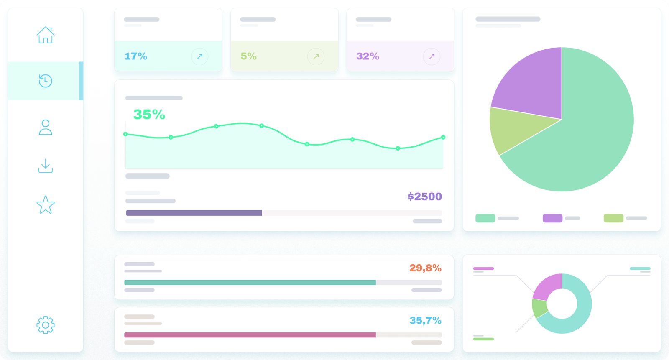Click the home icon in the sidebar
46,35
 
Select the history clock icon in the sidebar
45,81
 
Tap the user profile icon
45,128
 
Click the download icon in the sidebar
45,166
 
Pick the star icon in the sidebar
45,205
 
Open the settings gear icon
45,325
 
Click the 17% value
136,56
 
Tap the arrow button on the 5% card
316,56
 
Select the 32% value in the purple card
368,56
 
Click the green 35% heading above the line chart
149,114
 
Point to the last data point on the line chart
443,137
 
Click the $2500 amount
424,197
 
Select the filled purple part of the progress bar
194,213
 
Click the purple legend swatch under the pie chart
552,218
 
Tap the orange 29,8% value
425,268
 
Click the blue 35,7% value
425,320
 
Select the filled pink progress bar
250,335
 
